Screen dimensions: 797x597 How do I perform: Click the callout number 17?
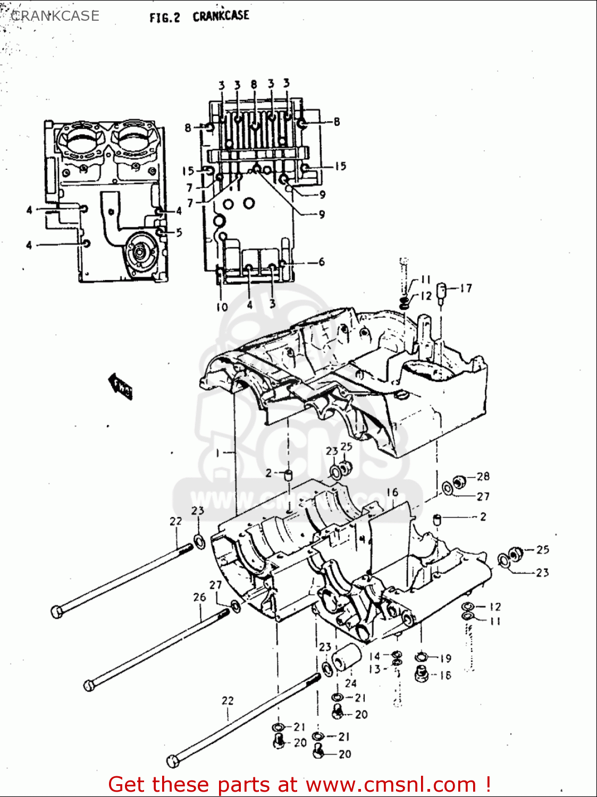[466, 289]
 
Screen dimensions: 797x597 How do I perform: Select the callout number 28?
[483, 477]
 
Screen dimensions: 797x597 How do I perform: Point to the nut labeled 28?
[460, 482]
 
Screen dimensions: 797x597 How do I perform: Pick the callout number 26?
[199, 597]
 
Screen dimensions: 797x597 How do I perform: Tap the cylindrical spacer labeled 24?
[346, 657]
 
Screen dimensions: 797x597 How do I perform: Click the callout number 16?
[392, 492]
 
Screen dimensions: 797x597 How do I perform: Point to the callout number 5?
[179, 232]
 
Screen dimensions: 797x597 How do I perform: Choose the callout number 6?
[322, 262]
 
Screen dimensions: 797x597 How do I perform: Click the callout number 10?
[222, 307]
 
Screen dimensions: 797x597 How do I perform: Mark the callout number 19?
[445, 658]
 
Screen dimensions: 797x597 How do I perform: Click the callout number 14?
[375, 656]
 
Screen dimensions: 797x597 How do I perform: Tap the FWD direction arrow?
[121, 386]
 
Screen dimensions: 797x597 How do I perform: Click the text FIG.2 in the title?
[165, 18]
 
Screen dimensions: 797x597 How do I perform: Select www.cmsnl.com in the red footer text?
[391, 784]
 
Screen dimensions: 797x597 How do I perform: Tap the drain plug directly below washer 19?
[422, 674]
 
